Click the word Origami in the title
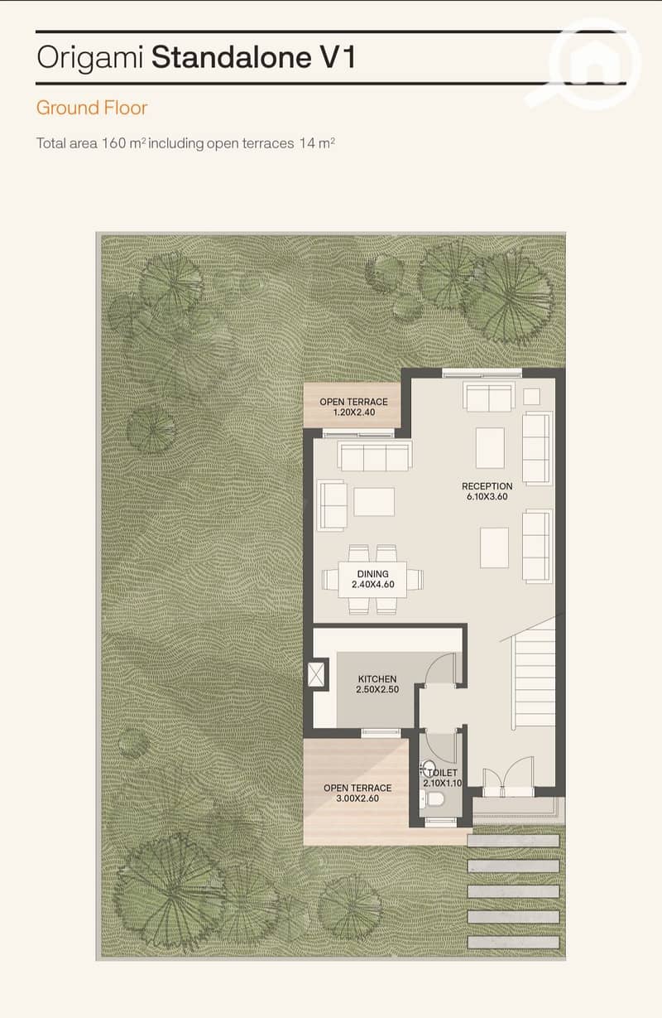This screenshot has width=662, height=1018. (x=90, y=58)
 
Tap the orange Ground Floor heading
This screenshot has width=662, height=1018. (x=92, y=108)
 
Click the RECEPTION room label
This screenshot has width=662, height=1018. (x=487, y=486)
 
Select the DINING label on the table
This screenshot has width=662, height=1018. (x=372, y=574)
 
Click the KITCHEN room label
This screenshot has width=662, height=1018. (x=377, y=679)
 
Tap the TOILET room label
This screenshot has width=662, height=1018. (x=442, y=773)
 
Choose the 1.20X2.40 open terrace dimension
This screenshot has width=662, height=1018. (x=354, y=413)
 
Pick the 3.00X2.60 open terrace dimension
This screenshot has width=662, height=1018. (x=357, y=798)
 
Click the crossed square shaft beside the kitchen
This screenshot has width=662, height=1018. (x=316, y=674)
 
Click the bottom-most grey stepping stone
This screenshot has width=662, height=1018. (x=513, y=942)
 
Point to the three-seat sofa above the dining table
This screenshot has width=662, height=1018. (x=375, y=456)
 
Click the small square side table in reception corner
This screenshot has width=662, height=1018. (x=531, y=396)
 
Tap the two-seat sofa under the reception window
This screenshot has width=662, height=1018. (x=488, y=397)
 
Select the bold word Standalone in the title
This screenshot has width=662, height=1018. (x=231, y=58)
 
